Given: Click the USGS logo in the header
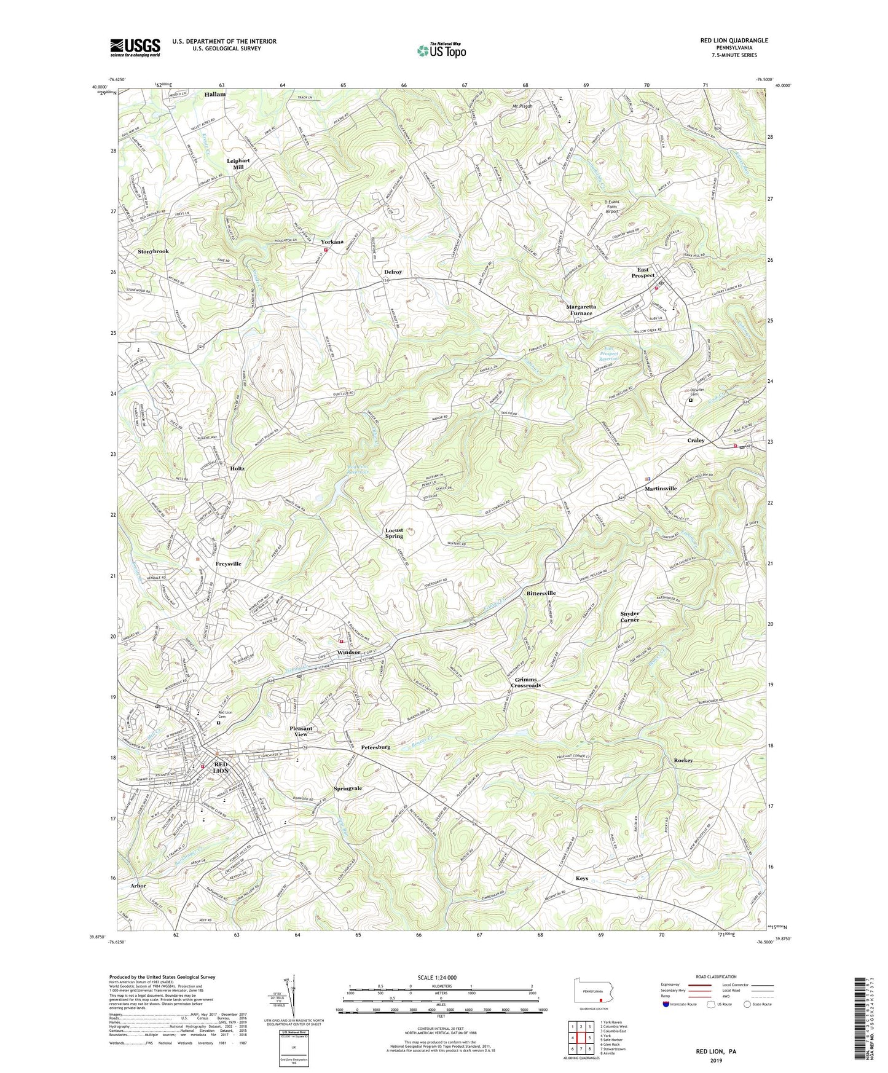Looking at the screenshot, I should (x=135, y=47).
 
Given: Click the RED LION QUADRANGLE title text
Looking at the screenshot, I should (x=734, y=41).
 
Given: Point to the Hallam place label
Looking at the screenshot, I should (x=215, y=95).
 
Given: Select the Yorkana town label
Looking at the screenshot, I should (x=332, y=242).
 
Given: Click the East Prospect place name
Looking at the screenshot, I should (x=643, y=273).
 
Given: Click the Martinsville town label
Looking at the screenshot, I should (x=661, y=489).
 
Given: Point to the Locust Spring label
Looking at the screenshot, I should (x=394, y=533).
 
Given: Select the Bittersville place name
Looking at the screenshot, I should (x=541, y=593).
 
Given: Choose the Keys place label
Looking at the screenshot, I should (x=581, y=878).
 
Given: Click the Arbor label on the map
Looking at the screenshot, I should (x=138, y=886).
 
